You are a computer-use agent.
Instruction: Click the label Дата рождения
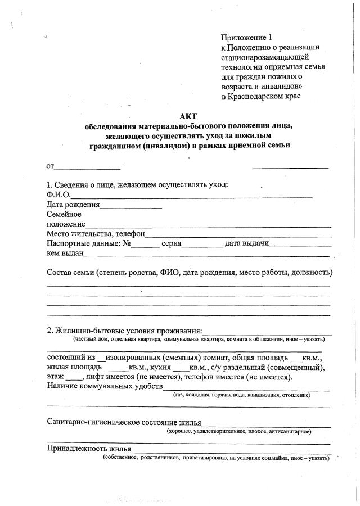73,205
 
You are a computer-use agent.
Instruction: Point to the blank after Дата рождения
130,206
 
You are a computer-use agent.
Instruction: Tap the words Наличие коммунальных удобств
104,387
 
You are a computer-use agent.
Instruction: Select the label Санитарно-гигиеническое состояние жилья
123,422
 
